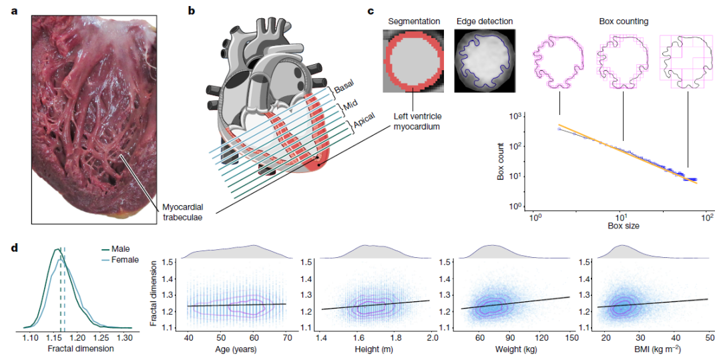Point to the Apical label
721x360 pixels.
364,122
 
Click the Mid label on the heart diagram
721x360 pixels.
349,106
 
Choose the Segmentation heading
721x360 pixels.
412,21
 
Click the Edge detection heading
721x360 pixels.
484,21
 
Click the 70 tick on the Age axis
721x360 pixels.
288,338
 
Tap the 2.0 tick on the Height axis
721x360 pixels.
432,338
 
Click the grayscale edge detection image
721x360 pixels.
484,61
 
